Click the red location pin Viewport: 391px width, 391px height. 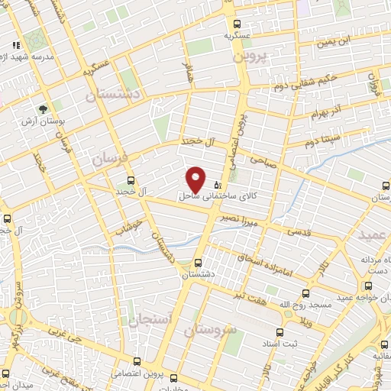coord(196,179)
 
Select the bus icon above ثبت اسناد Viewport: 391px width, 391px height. coord(280,332)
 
